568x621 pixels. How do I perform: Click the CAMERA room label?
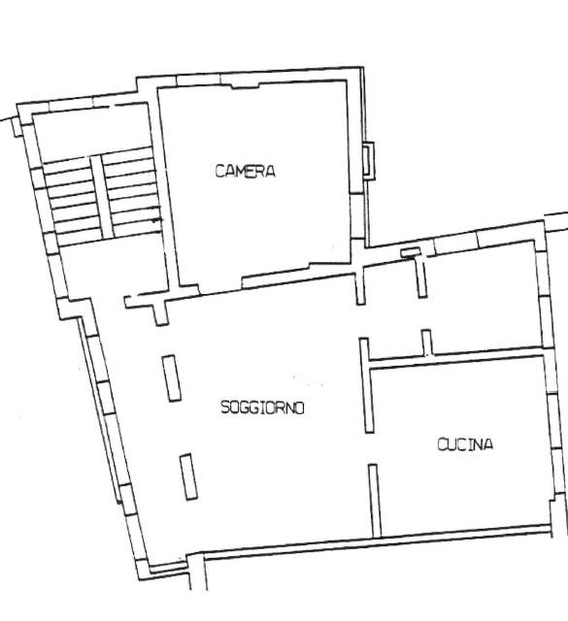(x=245, y=171)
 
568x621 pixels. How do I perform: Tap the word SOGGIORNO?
(x=262, y=408)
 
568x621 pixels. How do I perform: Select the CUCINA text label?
(x=465, y=444)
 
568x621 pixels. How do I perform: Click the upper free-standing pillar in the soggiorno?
(x=172, y=378)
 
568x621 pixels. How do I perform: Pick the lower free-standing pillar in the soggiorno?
(x=188, y=476)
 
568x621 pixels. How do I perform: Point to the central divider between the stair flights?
(x=102, y=197)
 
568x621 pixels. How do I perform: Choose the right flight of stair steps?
(x=133, y=191)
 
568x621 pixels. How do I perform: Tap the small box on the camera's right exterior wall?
(x=369, y=161)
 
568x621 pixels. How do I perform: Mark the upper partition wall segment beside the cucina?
(x=366, y=385)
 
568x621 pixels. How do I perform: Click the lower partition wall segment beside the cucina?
(x=375, y=501)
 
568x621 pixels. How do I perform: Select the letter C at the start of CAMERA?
(x=220, y=171)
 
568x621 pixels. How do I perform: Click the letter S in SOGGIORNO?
(x=225, y=408)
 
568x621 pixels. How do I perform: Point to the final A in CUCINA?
(x=488, y=444)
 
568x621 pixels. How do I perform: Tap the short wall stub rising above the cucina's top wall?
(x=427, y=343)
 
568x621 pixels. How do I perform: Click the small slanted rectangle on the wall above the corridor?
(x=410, y=252)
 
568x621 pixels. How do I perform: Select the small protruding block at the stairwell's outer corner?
(x=17, y=127)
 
